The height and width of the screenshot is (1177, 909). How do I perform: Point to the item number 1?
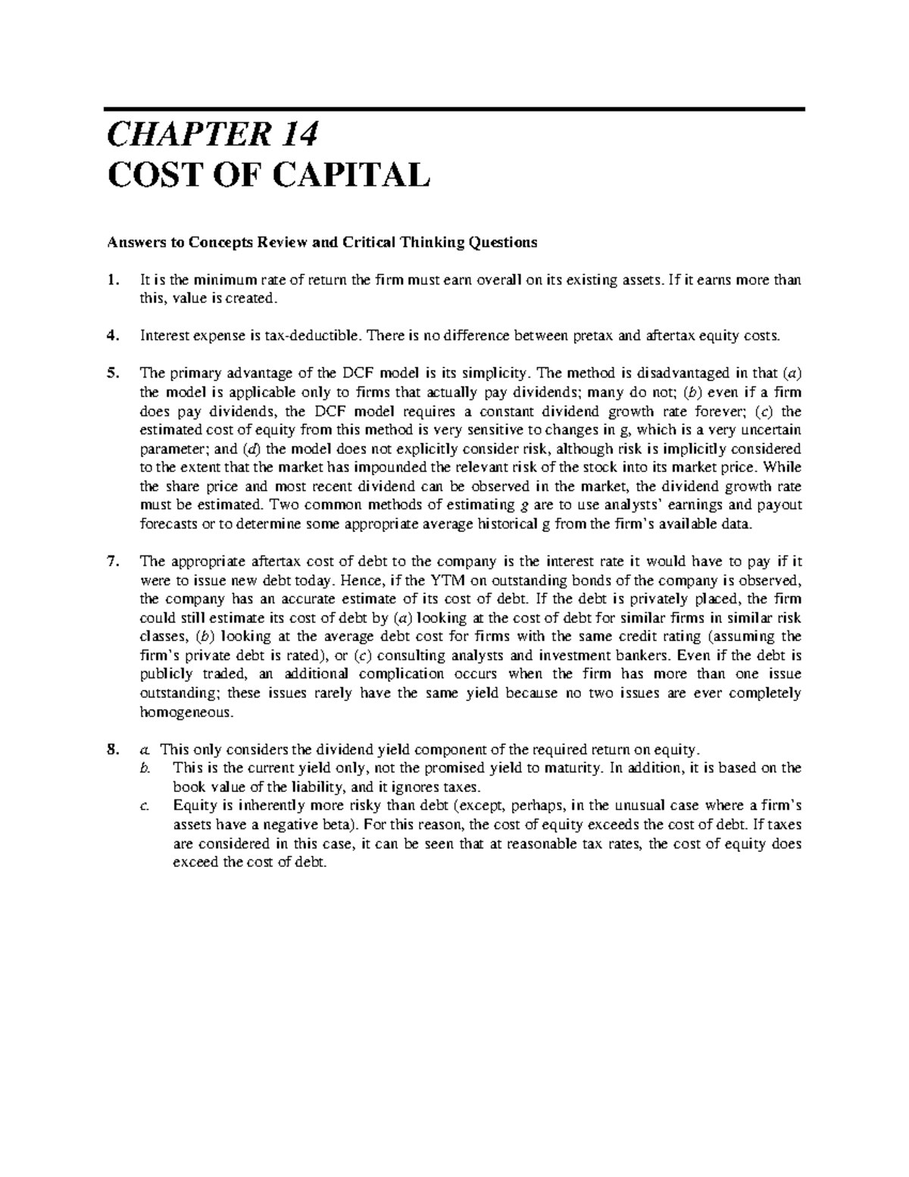tap(113, 280)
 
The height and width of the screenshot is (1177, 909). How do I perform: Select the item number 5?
tap(113, 373)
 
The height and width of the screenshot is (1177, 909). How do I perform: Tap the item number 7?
tap(113, 562)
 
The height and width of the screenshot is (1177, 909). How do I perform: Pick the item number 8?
tap(113, 750)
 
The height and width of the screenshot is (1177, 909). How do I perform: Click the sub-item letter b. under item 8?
tap(146, 768)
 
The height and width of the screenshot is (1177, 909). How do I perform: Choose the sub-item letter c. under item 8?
tap(145, 806)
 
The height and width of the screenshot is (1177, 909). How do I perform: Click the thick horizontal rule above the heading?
tap(454, 109)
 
